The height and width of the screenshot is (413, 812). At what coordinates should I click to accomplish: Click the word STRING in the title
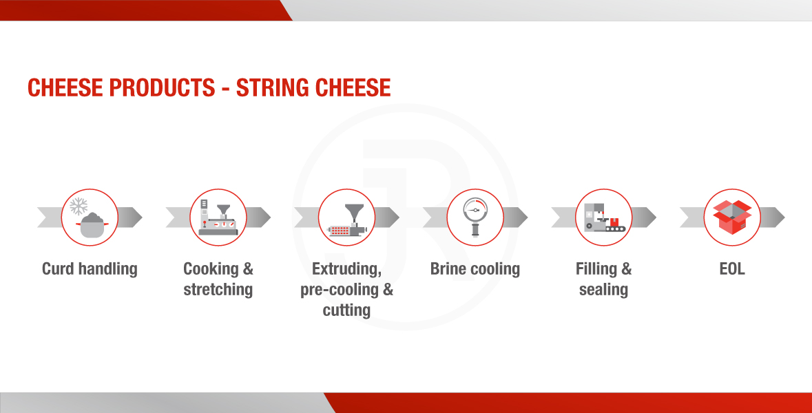(x=273, y=87)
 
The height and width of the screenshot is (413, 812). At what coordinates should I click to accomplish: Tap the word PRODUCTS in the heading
(x=162, y=87)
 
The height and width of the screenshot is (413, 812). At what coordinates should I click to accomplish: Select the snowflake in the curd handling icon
(x=79, y=206)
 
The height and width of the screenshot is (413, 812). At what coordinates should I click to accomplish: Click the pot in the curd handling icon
(x=92, y=225)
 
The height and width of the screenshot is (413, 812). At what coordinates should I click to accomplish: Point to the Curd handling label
(x=90, y=269)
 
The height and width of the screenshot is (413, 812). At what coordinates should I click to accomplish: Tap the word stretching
(x=218, y=289)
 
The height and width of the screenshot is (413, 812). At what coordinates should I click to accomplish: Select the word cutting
(x=346, y=310)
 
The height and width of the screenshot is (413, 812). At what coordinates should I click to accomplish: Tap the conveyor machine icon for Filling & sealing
(x=604, y=218)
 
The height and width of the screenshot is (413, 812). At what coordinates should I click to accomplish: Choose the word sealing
(x=603, y=289)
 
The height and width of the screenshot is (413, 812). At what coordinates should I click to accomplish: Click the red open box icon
(x=732, y=217)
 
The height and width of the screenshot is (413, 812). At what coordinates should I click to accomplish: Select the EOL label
(x=732, y=269)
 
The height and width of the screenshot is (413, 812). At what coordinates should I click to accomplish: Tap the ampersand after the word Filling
(x=626, y=269)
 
